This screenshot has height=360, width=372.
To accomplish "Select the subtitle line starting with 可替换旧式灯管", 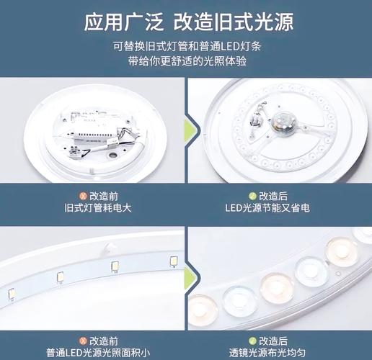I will click(x=186, y=45).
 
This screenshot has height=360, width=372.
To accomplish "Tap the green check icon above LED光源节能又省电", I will click(x=252, y=195).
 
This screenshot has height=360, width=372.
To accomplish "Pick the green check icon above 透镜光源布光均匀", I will click(x=252, y=338).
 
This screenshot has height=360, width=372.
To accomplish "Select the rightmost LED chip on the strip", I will click(x=172, y=260).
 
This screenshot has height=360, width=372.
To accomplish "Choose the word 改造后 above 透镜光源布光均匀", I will click(x=274, y=338).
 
